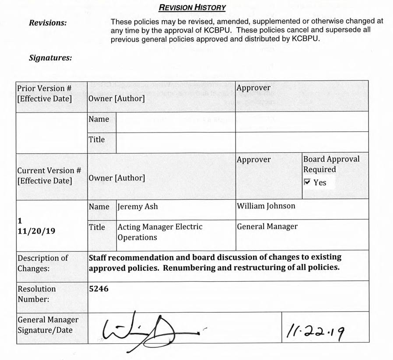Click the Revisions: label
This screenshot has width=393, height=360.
tap(48, 23)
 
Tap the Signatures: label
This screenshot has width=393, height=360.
tap(50, 57)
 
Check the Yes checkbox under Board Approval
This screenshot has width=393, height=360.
tap(307, 182)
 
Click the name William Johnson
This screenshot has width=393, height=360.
tap(266, 206)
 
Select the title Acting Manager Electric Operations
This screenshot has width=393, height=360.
tap(160, 232)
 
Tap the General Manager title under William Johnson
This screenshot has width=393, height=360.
tap(267, 227)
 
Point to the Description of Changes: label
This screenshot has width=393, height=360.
tap(43, 262)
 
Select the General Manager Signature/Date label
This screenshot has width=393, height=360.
tap(48, 325)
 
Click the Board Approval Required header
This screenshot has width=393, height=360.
tap(331, 164)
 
